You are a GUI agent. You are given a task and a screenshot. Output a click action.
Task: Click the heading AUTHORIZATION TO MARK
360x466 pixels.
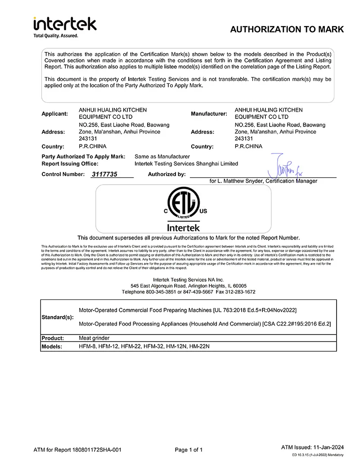(x=287, y=30)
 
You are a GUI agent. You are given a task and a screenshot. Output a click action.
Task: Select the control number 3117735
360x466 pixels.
(x=104, y=175)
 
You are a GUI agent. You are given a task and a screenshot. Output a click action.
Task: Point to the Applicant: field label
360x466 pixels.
(x=55, y=114)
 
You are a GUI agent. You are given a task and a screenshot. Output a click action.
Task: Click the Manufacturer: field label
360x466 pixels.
(x=209, y=114)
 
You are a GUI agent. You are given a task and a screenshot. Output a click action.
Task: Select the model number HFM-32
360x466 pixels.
(x=152, y=347)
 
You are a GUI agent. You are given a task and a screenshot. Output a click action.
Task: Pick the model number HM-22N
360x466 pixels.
(x=200, y=347)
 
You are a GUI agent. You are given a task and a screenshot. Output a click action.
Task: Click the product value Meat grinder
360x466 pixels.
(x=94, y=338)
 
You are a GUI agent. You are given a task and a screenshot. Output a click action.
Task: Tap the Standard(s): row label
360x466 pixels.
(x=57, y=317)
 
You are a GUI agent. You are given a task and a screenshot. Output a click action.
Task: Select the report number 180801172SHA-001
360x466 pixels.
(x=96, y=450)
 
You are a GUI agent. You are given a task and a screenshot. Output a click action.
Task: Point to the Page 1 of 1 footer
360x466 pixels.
(x=189, y=450)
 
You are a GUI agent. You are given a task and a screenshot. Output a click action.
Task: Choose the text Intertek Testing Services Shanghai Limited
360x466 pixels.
(x=186, y=164)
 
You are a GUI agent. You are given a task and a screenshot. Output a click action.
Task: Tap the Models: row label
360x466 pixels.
(x=54, y=347)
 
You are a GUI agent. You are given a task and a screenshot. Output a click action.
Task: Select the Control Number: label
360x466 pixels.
(x=63, y=174)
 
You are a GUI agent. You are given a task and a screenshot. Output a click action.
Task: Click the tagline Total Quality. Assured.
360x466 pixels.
(x=56, y=36)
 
